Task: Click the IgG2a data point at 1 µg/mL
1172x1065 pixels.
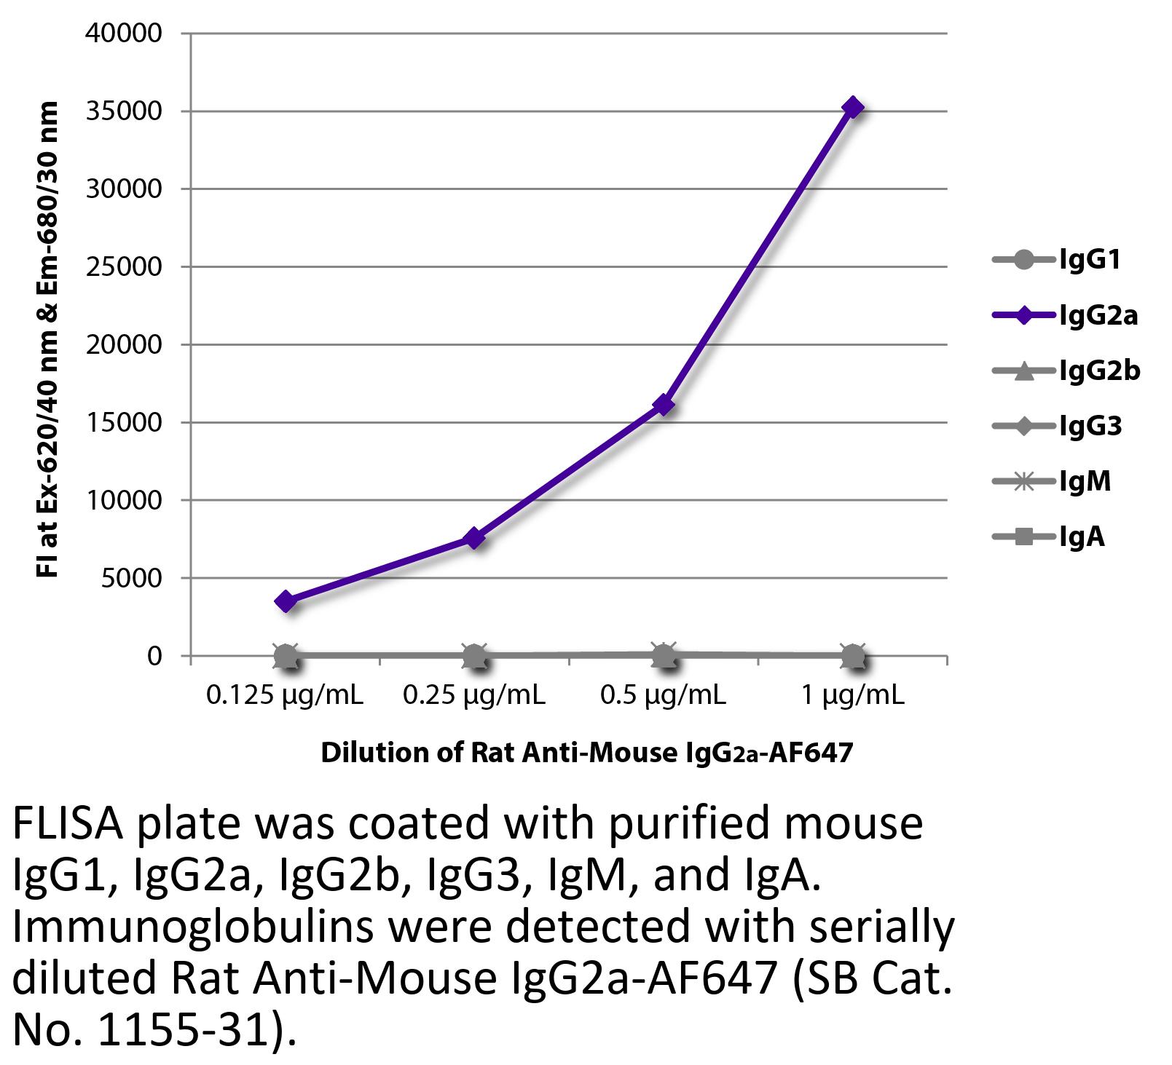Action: point(852,108)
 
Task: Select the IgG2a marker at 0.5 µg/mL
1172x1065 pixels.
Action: point(664,405)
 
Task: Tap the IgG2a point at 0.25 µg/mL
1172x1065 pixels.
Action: point(474,539)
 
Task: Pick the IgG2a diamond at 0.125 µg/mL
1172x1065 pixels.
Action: point(286,601)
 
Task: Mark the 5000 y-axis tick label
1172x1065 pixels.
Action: point(131,578)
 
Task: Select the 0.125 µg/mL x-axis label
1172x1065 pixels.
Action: point(285,695)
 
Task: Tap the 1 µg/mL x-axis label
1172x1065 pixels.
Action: point(853,695)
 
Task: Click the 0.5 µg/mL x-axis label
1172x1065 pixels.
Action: point(664,695)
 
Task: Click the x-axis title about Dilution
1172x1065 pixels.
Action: point(586,752)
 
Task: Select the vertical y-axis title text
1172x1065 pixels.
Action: point(47,341)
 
